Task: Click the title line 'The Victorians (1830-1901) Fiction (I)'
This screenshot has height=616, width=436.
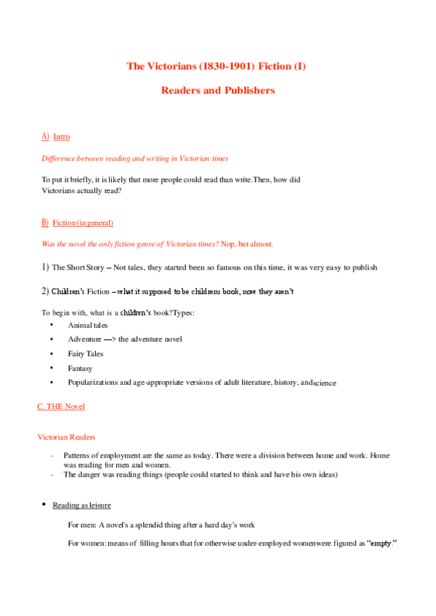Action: [217, 66]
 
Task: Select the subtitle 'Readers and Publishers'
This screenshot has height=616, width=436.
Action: [217, 91]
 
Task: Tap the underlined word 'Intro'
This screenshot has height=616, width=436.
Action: [62, 137]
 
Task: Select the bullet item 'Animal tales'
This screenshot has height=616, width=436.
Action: [87, 325]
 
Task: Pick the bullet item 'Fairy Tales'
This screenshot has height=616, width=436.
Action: [86, 354]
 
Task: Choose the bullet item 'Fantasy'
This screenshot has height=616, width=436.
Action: [80, 368]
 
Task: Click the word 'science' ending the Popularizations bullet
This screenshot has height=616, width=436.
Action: [324, 383]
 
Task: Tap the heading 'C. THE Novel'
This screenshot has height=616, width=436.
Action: [61, 406]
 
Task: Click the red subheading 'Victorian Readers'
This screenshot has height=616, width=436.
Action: [66, 437]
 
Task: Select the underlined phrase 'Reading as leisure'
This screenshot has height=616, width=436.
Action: [81, 505]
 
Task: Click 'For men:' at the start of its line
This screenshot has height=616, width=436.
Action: [82, 524]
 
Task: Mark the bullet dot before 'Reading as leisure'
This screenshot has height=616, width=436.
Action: [44, 505]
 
